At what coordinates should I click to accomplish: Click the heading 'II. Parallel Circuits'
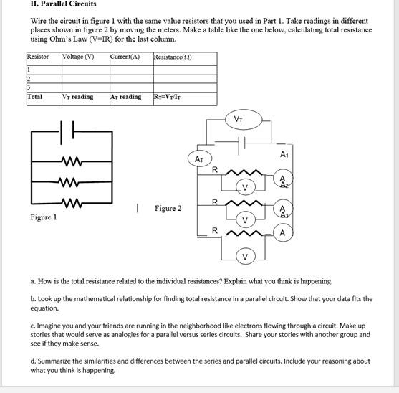coord(63,4)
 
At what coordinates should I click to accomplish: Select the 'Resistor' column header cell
coord(38,57)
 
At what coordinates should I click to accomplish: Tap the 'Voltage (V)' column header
coord(78,57)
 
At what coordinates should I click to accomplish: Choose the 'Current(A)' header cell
coord(125,57)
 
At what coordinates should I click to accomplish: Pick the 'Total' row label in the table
coord(34,97)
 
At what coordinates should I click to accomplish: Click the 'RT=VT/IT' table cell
coord(170,97)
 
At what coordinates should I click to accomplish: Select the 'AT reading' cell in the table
coord(126,97)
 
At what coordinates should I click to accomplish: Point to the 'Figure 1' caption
coord(43,217)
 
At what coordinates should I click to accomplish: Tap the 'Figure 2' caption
coord(168,209)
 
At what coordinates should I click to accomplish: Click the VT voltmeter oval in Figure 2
coord(238,120)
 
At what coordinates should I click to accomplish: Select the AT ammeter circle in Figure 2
coord(199,158)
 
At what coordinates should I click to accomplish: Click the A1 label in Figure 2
coord(284,155)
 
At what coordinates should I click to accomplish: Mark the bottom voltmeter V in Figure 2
coord(245,256)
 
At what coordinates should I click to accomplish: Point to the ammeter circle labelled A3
coord(283,210)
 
